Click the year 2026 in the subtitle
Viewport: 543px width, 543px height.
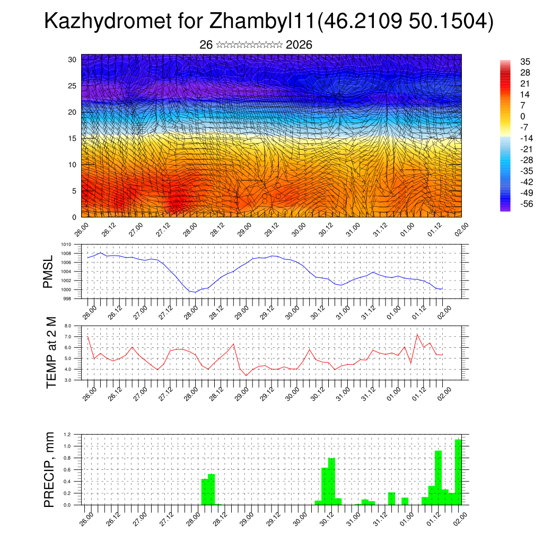coord(299,45)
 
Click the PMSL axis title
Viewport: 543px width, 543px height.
coord(49,271)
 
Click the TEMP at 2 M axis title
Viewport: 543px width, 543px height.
coord(51,353)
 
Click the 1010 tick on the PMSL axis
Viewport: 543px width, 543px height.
coord(66,244)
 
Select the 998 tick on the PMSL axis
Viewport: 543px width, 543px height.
coord(68,299)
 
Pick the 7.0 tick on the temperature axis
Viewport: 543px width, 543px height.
coord(68,337)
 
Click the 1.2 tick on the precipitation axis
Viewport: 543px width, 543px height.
coord(67,434)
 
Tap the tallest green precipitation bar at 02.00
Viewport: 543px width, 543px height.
coord(458,472)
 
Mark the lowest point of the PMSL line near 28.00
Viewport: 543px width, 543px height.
coord(195,292)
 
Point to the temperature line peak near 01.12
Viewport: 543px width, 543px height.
coord(417,335)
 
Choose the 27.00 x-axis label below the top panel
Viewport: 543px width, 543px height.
coord(135,230)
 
